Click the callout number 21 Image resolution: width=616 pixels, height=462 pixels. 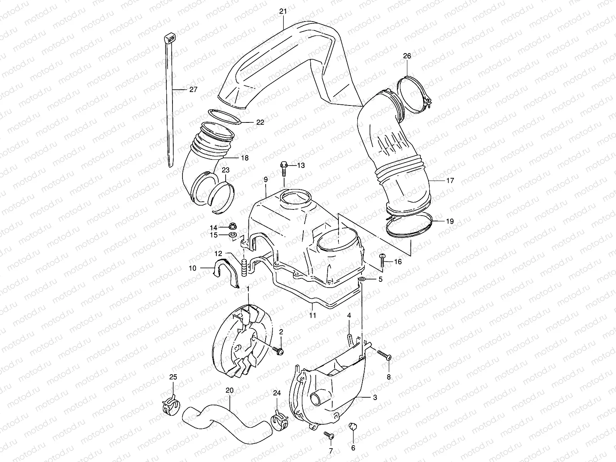283,12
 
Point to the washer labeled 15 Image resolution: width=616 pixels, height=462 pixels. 233,235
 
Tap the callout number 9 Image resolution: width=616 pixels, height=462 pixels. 266,180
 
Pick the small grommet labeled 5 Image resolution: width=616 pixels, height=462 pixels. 362,279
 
